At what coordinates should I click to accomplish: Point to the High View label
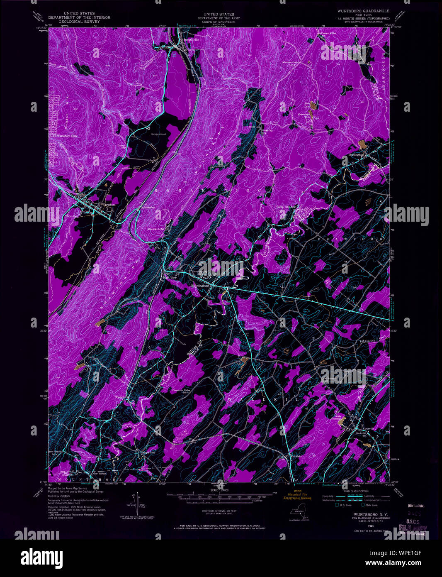170,277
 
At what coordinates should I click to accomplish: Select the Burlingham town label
356,154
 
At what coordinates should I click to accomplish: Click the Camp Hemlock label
286,207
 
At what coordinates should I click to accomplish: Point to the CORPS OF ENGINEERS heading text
213,22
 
